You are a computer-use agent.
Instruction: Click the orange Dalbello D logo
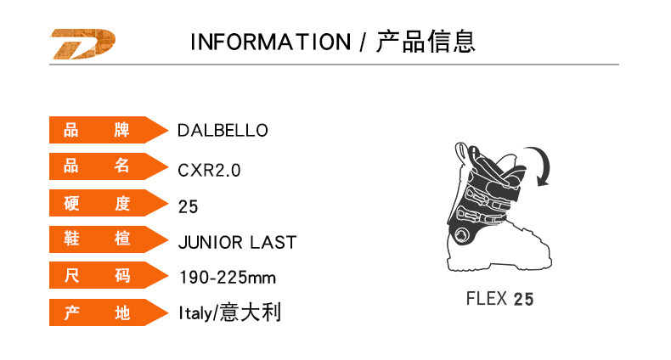coord(84,45)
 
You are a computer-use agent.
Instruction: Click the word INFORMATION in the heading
coord(270,42)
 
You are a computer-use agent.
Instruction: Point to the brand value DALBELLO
coord(223,131)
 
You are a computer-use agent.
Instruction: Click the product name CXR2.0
coord(209,170)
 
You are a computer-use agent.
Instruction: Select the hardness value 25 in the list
coord(188,206)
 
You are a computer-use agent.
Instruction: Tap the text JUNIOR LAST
coord(237,243)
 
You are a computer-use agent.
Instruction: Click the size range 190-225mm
coord(227,278)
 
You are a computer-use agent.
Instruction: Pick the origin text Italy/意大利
coord(229,313)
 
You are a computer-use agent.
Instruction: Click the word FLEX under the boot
coord(487,299)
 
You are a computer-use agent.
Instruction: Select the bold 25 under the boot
coord(524,299)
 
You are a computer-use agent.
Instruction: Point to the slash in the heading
coord(363,42)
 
